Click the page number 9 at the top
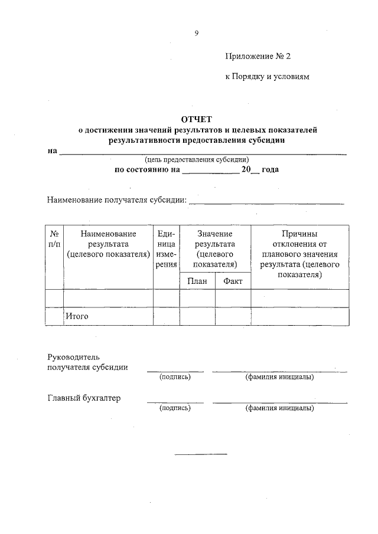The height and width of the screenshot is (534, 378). pyautogui.click(x=196, y=34)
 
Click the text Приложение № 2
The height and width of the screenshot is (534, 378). pyautogui.click(x=258, y=57)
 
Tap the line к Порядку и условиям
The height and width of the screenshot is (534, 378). pyautogui.click(x=267, y=77)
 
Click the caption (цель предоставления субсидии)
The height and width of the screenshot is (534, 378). pyautogui.click(x=197, y=159)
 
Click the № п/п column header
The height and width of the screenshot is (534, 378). pyautogui.click(x=54, y=239)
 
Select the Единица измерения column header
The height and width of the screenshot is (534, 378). pyautogui.click(x=166, y=249)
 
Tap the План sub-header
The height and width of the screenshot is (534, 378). pyautogui.click(x=197, y=281)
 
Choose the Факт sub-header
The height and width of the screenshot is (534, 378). pyautogui.click(x=233, y=281)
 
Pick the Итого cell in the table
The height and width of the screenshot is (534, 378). pyautogui.click(x=77, y=316)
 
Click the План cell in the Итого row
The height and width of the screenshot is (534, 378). pyautogui.click(x=197, y=316)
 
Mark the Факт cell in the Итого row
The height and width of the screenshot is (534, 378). pyautogui.click(x=233, y=316)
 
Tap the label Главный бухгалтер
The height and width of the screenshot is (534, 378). pyautogui.click(x=84, y=398)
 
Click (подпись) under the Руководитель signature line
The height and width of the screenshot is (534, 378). pyautogui.click(x=175, y=377)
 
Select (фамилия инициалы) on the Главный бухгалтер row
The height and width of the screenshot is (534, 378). pyautogui.click(x=279, y=408)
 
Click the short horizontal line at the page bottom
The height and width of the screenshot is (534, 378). pyautogui.click(x=201, y=454)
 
